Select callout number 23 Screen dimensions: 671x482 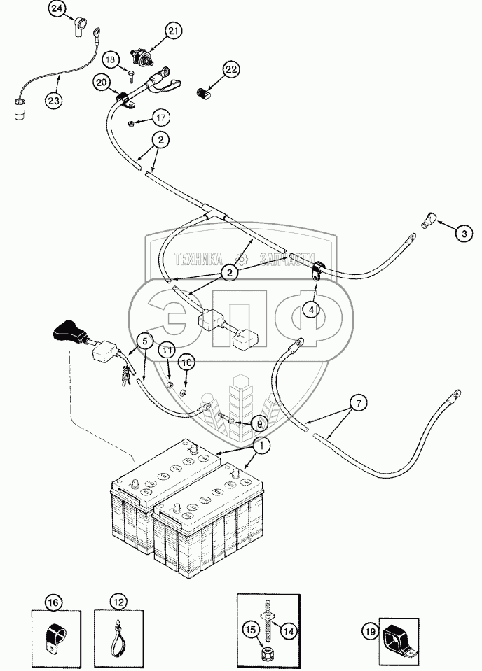pos(54,100)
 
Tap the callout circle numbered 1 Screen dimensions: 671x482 pos(261,445)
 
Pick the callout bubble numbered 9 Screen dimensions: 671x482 pos(258,423)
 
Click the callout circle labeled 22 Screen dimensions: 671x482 pos(232,69)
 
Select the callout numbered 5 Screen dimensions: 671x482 pos(144,341)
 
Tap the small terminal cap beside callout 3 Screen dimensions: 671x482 pos(428,219)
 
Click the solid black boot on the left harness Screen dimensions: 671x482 pos(69,330)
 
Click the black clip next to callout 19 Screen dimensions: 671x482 pos(397,637)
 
